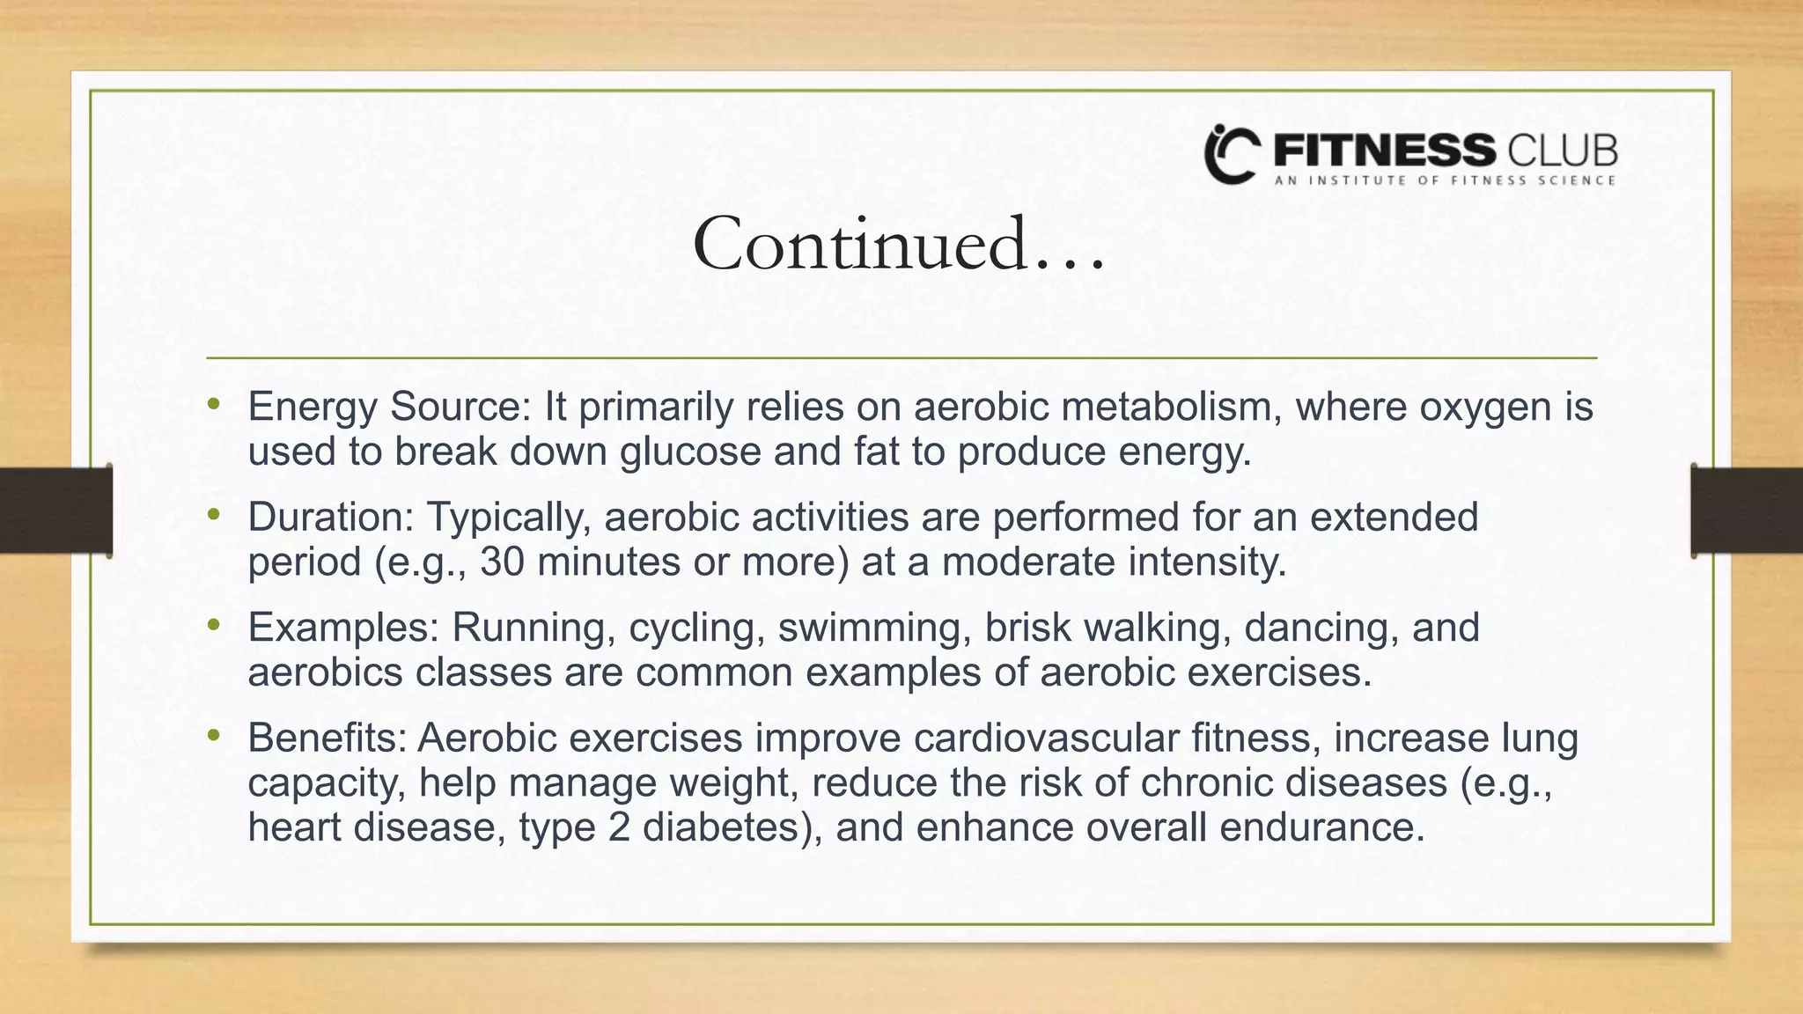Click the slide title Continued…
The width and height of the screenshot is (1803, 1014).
(898, 245)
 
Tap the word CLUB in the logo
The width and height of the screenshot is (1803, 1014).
(1563, 151)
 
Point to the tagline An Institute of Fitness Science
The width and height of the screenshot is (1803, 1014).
(1445, 180)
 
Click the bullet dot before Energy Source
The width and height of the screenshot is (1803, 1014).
(212, 405)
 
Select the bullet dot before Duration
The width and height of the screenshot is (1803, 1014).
(212, 515)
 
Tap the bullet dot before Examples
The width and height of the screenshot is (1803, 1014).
(212, 625)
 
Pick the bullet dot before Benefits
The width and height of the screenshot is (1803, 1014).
(212, 735)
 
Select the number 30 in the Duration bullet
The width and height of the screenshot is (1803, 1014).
(503, 562)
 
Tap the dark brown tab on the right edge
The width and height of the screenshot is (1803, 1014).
(1747, 511)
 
